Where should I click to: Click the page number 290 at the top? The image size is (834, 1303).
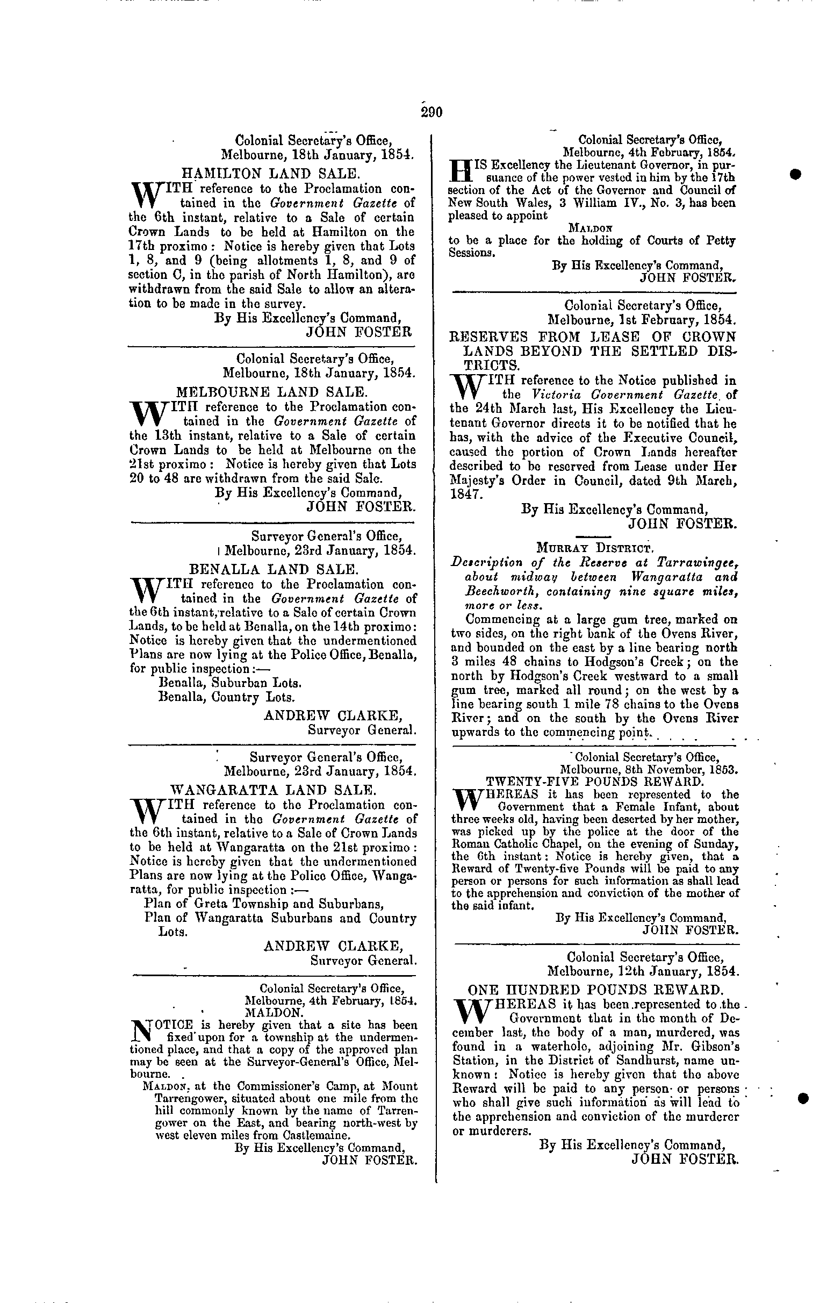click(432, 112)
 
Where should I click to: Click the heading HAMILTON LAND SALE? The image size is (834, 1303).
click(269, 174)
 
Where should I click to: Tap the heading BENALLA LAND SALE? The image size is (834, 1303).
click(273, 570)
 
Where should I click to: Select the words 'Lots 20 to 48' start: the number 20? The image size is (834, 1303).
click(138, 479)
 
